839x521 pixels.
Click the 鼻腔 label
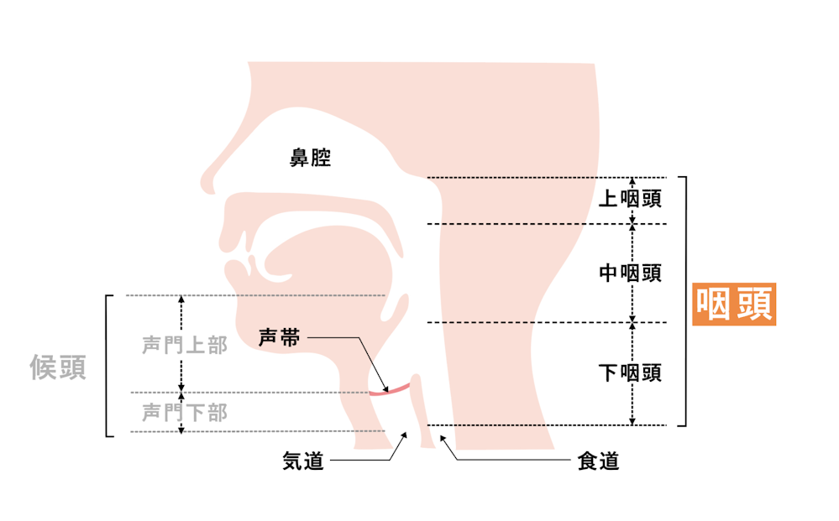click(311, 159)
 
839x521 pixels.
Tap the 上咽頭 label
click(630, 199)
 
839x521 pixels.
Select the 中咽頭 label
click(630, 273)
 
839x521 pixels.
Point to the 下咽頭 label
click(630, 373)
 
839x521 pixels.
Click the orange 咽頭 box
click(734, 304)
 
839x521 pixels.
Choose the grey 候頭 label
click(58, 367)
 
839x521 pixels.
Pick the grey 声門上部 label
click(185, 345)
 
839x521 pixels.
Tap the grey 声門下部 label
click(185, 413)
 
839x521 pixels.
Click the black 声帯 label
click(280, 338)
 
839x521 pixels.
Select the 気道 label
click(303, 461)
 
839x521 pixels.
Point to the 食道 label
click(598, 461)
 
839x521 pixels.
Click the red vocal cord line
click(390, 390)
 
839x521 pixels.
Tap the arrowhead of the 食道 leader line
click(443, 438)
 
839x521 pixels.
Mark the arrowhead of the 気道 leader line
click(404, 435)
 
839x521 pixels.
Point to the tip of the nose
click(202, 182)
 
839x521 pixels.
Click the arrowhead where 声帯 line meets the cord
click(385, 389)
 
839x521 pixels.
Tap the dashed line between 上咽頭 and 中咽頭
click(547, 224)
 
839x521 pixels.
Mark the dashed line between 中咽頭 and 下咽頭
click(547, 322)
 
